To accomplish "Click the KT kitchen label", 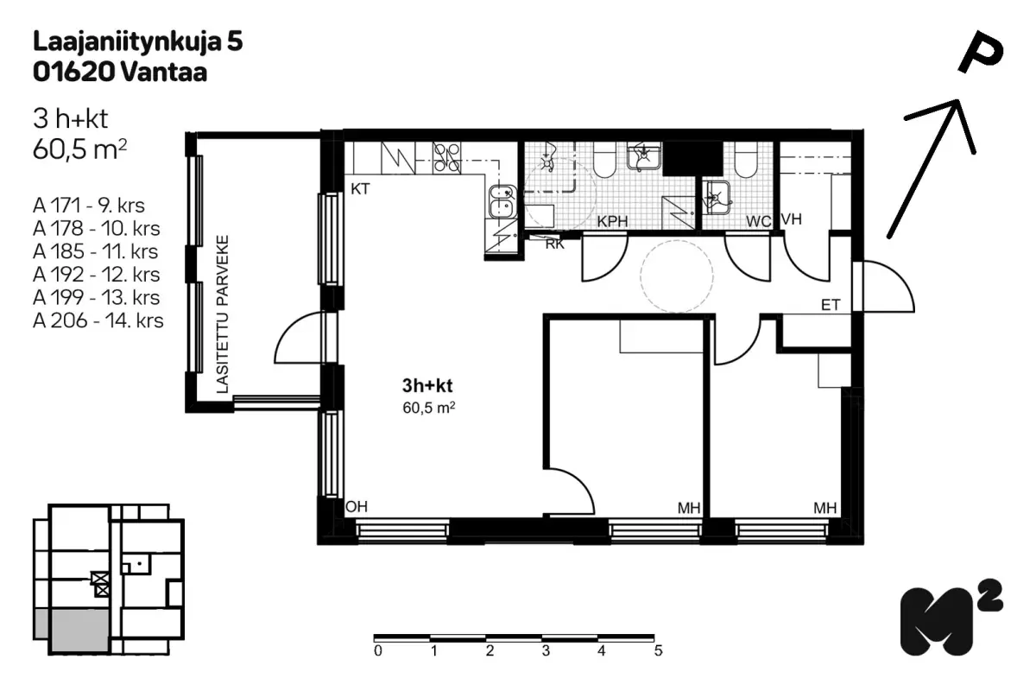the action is pyautogui.click(x=360, y=189).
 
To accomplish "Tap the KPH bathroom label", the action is pyautogui.click(x=612, y=221).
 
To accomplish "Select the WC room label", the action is pyautogui.click(x=759, y=221).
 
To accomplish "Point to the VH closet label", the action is pyautogui.click(x=792, y=219).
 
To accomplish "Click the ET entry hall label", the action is pyautogui.click(x=831, y=305).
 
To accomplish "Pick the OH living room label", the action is pyautogui.click(x=357, y=507).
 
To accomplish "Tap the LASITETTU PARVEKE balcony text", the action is pyautogui.click(x=223, y=314).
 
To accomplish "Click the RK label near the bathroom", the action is pyautogui.click(x=555, y=244).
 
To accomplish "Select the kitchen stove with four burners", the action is pyautogui.click(x=446, y=158).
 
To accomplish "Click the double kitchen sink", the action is pyautogui.click(x=503, y=202).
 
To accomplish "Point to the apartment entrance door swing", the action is pyautogui.click(x=888, y=286).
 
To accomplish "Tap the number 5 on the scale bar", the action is pyautogui.click(x=659, y=650).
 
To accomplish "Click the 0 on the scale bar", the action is pyautogui.click(x=378, y=650).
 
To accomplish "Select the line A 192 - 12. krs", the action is pyautogui.click(x=96, y=275).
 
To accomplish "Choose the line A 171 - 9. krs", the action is pyautogui.click(x=89, y=205).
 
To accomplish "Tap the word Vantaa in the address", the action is pyautogui.click(x=164, y=73).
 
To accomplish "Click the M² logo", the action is pyautogui.click(x=951, y=618).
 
